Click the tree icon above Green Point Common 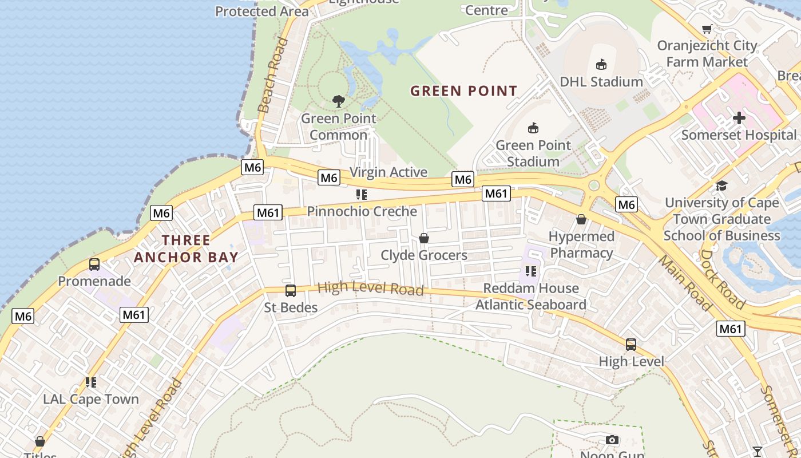pyautogui.click(x=339, y=101)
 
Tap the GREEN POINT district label pyautogui.click(x=463, y=90)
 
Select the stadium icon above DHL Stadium pyautogui.click(x=601, y=64)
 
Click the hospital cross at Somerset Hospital pyautogui.click(x=739, y=118)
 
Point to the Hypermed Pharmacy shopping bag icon pyautogui.click(x=581, y=219)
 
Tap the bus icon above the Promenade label pyautogui.click(x=94, y=264)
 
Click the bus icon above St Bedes pyautogui.click(x=291, y=291)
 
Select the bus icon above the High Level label pyautogui.click(x=631, y=345)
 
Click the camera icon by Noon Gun pyautogui.click(x=612, y=440)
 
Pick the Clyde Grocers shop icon pyautogui.click(x=424, y=238)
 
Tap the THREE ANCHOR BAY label pyautogui.click(x=186, y=248)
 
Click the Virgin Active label pyautogui.click(x=388, y=172)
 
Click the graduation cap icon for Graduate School pyautogui.click(x=721, y=185)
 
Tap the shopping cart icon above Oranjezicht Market pyautogui.click(x=707, y=29)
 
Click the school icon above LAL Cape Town pyautogui.click(x=90, y=382)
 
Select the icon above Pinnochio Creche pyautogui.click(x=361, y=195)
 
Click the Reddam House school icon pyautogui.click(x=530, y=271)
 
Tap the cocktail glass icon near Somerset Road pyautogui.click(x=758, y=451)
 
